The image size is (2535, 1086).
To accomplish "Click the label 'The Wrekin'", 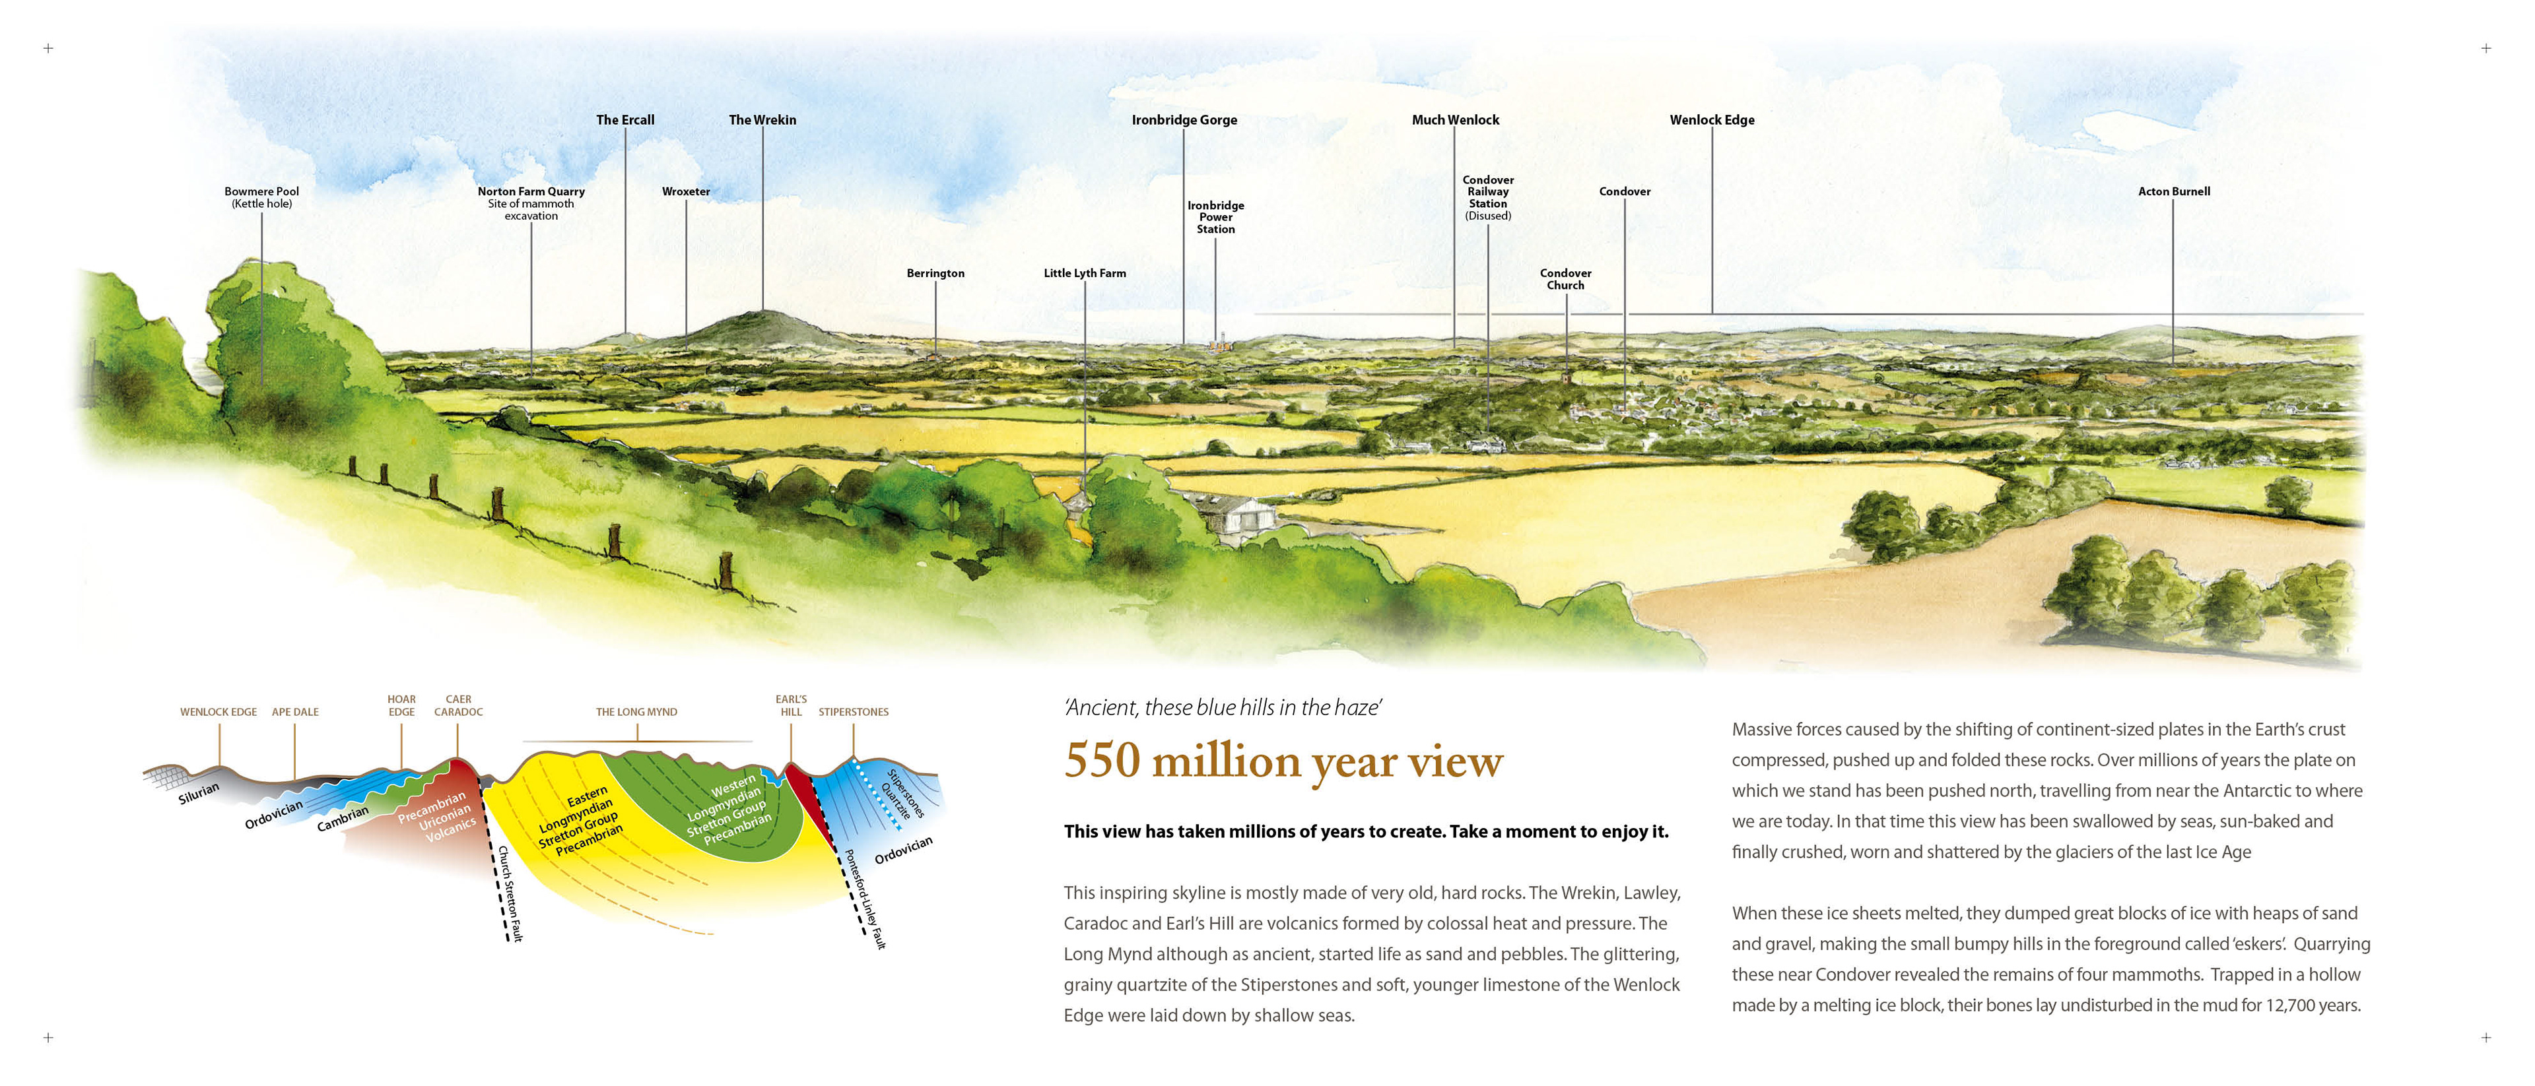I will [762, 120].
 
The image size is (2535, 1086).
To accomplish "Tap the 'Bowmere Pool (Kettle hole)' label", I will [262, 198].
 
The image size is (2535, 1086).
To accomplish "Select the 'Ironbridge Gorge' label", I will [1184, 120].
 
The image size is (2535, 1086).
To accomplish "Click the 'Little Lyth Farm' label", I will [1085, 273].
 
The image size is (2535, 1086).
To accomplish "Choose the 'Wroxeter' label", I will [686, 192].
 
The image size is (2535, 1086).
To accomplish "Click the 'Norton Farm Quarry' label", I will [531, 192].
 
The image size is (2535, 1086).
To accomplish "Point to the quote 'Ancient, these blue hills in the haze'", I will [1223, 707].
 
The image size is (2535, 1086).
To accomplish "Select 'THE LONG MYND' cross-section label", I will [636, 712].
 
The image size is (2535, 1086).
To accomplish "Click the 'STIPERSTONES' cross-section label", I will [853, 712].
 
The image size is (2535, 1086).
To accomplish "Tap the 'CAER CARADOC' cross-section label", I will [459, 705].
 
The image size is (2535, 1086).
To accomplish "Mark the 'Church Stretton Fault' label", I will [510, 893].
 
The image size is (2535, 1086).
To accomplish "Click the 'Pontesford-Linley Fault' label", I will [865, 899].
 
